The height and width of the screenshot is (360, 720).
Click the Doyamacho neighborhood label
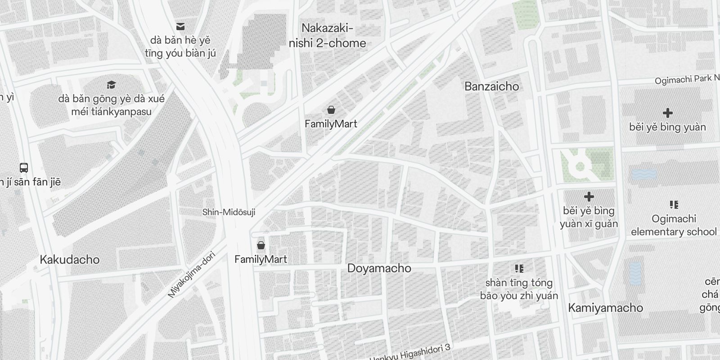click(x=379, y=268)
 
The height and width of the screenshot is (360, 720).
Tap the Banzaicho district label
click(x=491, y=86)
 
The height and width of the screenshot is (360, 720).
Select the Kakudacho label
click(x=70, y=260)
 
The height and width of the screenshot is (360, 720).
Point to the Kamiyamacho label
click(x=605, y=308)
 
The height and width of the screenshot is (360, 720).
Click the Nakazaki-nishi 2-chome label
click(x=327, y=36)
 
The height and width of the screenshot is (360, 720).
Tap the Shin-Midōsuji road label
click(x=229, y=212)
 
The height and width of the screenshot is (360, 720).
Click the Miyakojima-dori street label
click(x=191, y=275)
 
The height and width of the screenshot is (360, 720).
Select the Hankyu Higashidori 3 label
click(x=409, y=354)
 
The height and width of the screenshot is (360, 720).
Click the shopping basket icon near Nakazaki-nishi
click(x=331, y=110)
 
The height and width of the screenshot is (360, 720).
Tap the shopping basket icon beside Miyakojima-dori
click(x=261, y=245)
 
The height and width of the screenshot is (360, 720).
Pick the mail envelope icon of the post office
click(x=180, y=27)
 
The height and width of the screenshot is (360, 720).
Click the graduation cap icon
click(x=111, y=85)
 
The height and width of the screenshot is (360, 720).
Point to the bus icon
click(x=24, y=168)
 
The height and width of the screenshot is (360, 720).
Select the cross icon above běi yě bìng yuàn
click(x=667, y=113)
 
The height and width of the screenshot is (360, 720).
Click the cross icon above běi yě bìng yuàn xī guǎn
click(x=589, y=197)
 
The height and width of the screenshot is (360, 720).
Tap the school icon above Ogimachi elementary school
click(x=674, y=205)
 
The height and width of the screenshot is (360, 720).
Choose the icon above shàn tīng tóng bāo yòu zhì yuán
click(x=519, y=269)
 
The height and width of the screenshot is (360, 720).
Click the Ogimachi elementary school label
click(x=674, y=225)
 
